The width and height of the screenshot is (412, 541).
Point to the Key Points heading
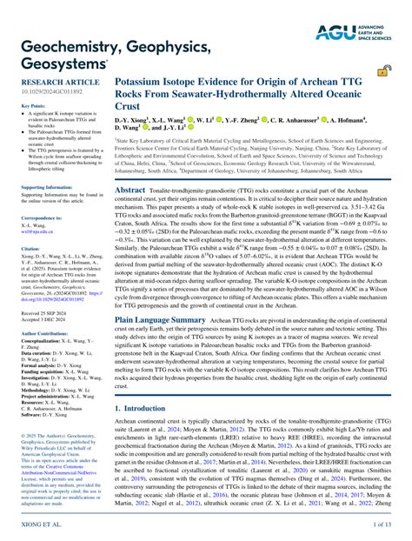click(32, 106)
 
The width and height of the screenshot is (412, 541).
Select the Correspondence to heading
click(43, 217)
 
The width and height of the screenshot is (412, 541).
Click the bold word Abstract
click(130, 189)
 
